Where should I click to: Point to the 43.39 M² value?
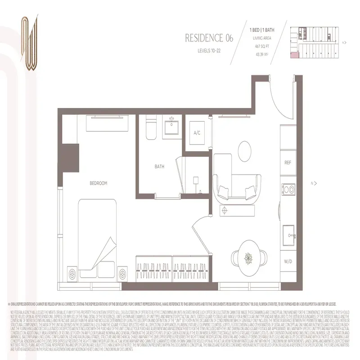tap(261, 54)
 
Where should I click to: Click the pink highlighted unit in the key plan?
tap(294, 54)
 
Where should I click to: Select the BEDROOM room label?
tap(98, 183)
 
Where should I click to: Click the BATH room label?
tap(159, 166)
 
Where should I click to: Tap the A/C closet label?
tap(197, 133)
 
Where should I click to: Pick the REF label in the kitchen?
tap(288, 162)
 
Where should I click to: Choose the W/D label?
tap(288, 261)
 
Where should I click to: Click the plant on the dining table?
tap(247, 258)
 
